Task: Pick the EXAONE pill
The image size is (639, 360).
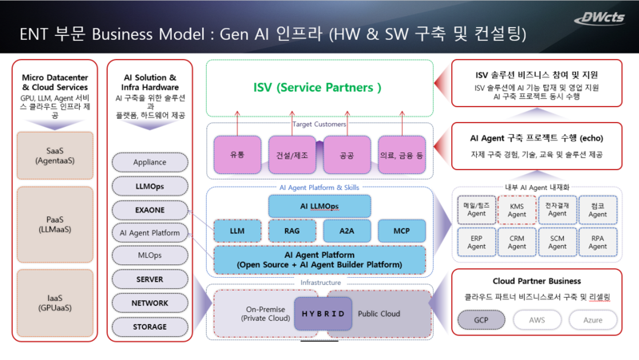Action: [151, 211]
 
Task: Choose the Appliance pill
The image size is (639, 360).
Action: [151, 162]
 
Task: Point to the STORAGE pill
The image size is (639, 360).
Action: [151, 326]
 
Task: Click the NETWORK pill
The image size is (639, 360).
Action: [151, 303]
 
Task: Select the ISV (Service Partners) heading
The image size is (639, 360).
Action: [318, 86]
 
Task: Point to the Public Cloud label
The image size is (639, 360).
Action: [379, 314]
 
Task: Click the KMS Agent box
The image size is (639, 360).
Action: [517, 210]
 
